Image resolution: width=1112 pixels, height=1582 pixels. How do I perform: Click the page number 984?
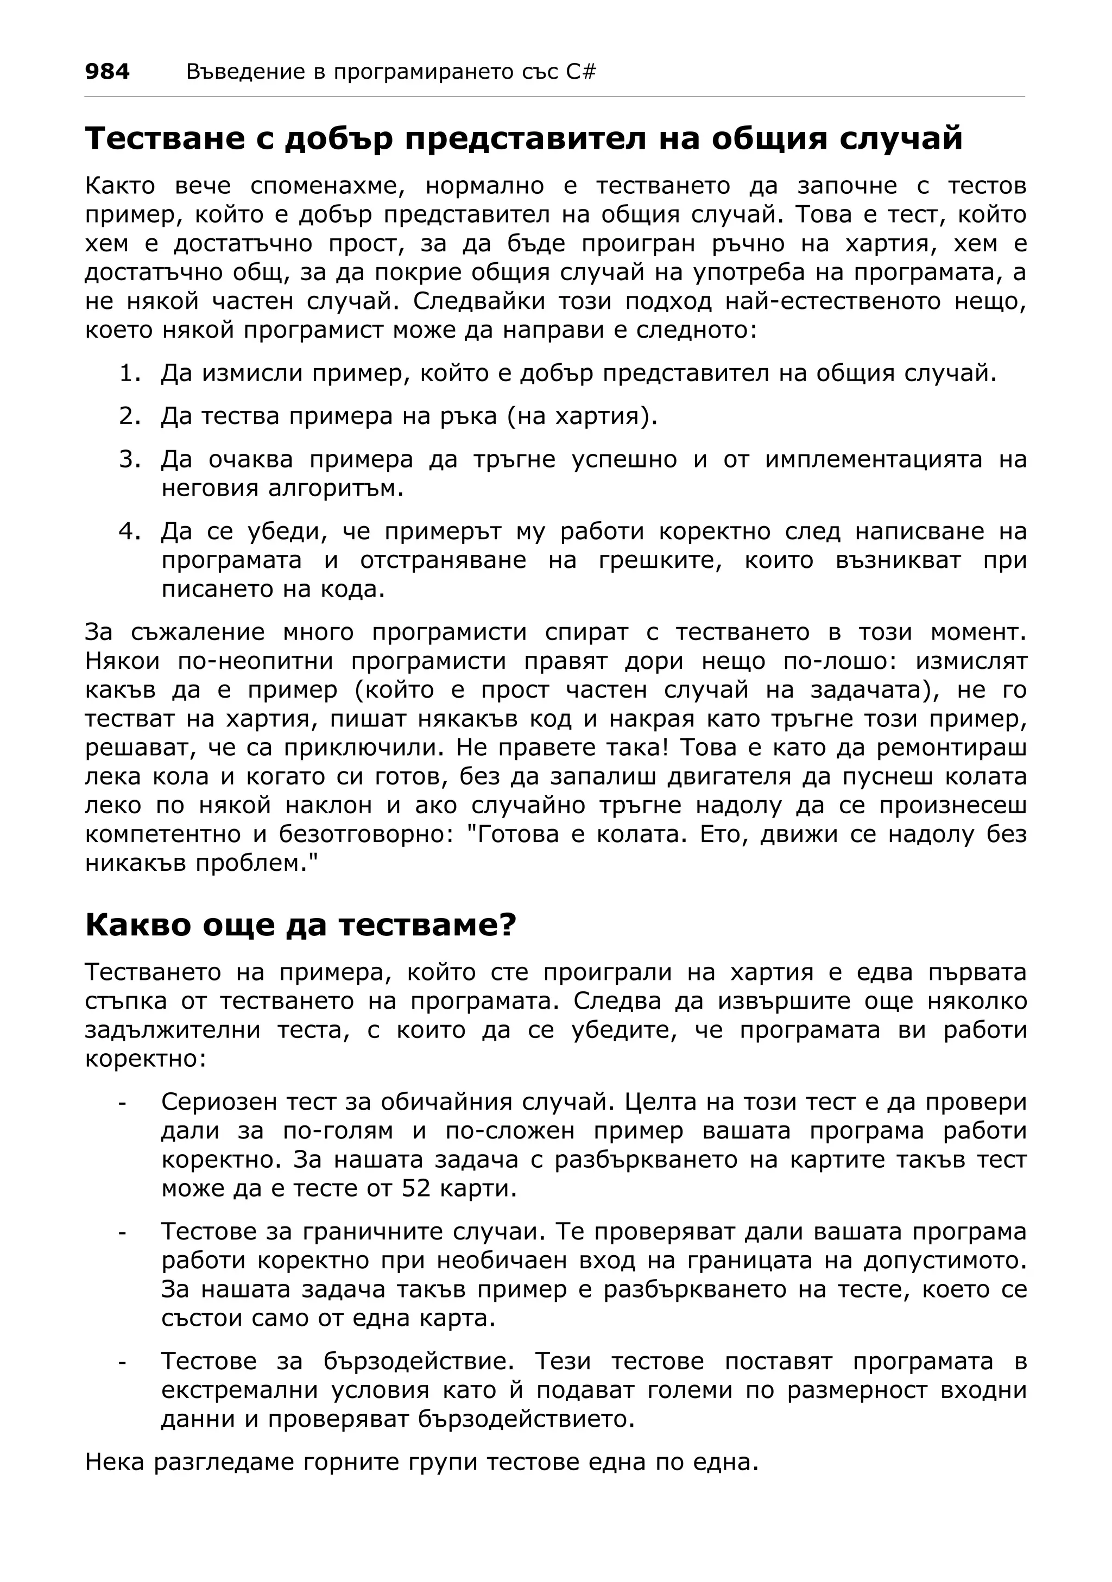click(107, 72)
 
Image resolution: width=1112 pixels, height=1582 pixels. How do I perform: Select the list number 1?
click(129, 374)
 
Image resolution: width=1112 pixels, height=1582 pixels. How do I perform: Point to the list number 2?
click(129, 416)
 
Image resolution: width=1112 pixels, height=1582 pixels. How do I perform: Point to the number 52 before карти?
click(415, 1188)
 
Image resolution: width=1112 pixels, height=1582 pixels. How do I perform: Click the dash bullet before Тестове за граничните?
click(123, 1232)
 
